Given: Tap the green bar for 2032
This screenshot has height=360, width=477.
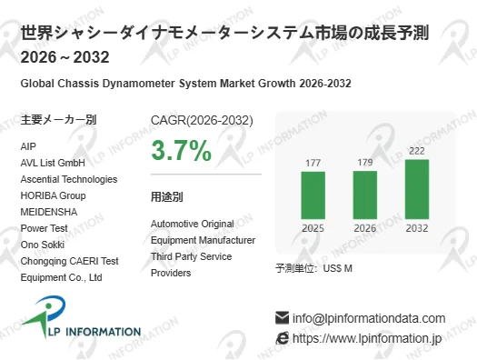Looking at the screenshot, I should (417, 188).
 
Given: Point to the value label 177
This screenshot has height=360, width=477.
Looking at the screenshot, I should (313, 164).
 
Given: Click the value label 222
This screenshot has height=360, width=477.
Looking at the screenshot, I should (417, 151).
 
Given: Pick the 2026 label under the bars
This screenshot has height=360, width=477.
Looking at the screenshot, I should (365, 228).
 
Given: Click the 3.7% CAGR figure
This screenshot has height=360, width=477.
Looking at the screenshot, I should (181, 150).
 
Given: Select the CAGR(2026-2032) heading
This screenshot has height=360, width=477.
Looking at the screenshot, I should (202, 120).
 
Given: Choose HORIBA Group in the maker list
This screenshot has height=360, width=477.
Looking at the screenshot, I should (53, 195).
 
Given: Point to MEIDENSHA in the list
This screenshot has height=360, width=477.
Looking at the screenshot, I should (48, 212).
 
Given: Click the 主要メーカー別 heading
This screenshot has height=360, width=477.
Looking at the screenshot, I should (58, 120).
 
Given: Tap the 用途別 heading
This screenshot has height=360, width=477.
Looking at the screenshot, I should (167, 196).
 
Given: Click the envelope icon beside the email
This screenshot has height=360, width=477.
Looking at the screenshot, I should (282, 318).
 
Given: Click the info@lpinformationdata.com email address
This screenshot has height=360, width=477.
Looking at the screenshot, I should (369, 318).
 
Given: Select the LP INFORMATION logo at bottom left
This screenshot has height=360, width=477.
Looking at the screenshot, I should (82, 324).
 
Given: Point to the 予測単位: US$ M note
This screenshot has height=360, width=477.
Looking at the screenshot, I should (313, 268).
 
